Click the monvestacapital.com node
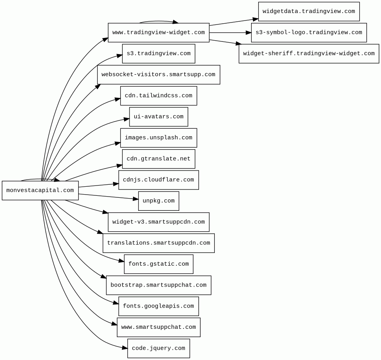tap(40, 190)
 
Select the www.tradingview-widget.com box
tap(158, 32)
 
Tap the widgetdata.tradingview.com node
tap(309, 11)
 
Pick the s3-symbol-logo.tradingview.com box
tap(309, 32)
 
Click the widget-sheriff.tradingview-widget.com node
tap(309, 54)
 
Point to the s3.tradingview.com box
tap(158, 54)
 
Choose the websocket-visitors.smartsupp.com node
tap(158, 75)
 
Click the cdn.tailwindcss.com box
tap(158, 96)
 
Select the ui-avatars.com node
tap(158, 117)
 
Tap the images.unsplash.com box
tap(158, 138)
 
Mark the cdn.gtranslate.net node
tap(158, 159)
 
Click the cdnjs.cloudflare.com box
tap(158, 180)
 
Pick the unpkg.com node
tap(158, 201)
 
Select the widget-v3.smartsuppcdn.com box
tap(158, 222)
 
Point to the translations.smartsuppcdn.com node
tap(158, 243)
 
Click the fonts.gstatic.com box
tap(158, 264)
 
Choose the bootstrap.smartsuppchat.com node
tap(158, 285)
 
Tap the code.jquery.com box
tap(158, 348)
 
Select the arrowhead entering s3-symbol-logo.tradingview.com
tap(248, 32)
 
